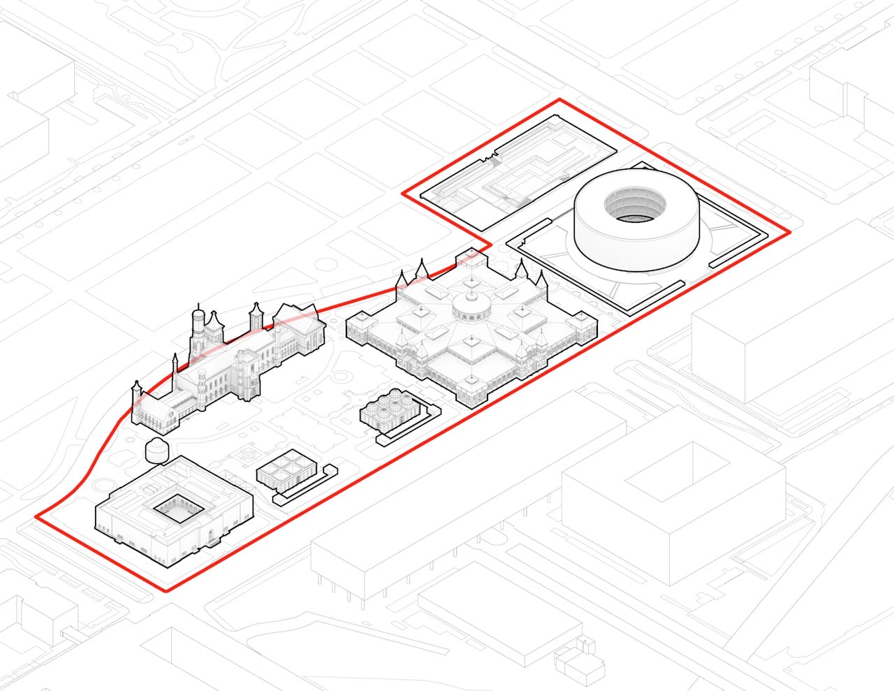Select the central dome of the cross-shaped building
pos(470,305)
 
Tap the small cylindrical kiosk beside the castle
pos(156,451)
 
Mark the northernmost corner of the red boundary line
pos(559,99)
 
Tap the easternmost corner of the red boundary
pos(789,231)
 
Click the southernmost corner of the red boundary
pos(167,591)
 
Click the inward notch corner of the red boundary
pos(488,247)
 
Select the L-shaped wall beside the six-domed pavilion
pos(412,427)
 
